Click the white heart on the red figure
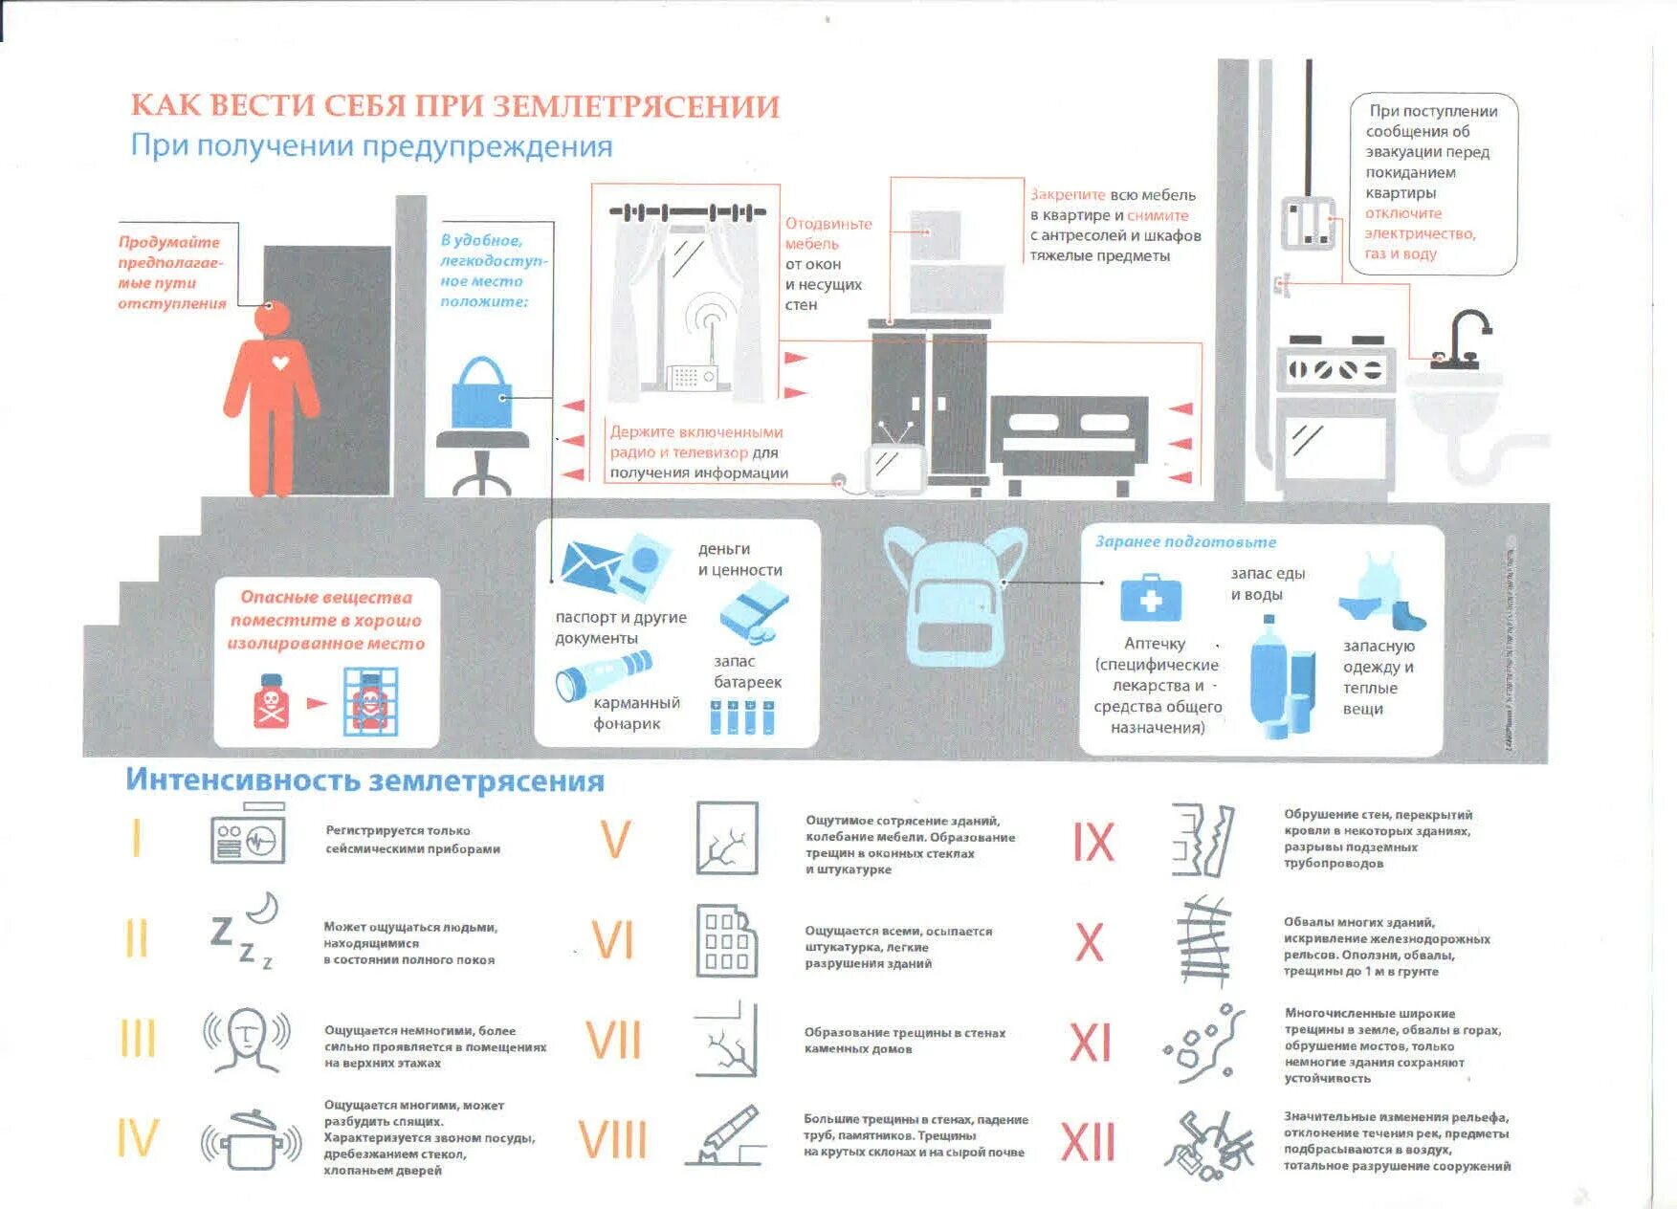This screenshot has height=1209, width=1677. pos(280,363)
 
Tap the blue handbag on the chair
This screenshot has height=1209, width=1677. pos(481,394)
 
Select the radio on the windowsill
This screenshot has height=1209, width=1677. pos(691,377)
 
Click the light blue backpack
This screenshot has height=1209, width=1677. pos(955,598)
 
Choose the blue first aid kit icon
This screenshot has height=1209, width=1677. pos(1151,599)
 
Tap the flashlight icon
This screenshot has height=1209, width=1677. pos(603,675)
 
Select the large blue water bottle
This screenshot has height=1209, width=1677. pos(1269,674)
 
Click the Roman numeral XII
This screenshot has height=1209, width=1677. pos(1089,1141)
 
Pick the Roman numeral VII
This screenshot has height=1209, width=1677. pos(613,1041)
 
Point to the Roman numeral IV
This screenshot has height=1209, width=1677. pos(136,1138)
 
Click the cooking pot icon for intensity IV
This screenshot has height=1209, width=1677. pos(252,1139)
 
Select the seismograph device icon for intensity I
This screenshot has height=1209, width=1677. pos(248,839)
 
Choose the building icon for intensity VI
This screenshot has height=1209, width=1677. pos(726,940)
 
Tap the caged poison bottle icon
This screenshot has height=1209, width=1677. pos(369,702)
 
